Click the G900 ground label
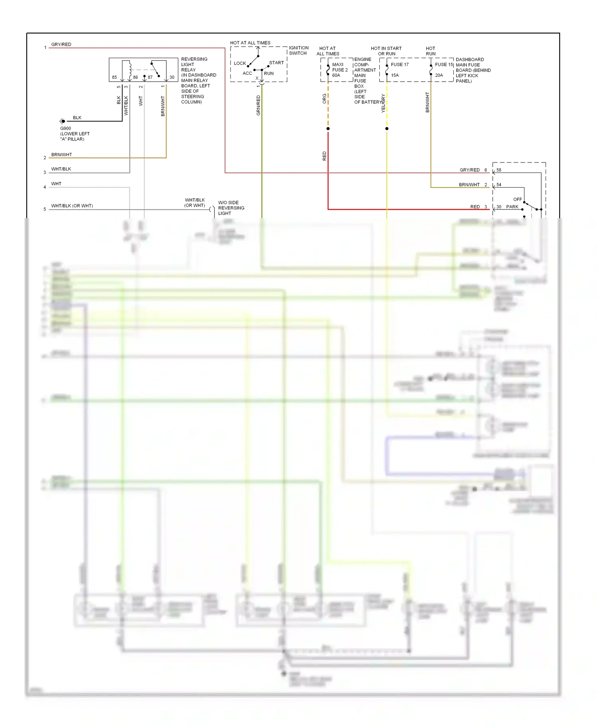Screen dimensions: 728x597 (66, 128)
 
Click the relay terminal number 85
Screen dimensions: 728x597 (114, 77)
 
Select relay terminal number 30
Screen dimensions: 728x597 (172, 77)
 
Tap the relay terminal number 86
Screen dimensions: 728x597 (135, 77)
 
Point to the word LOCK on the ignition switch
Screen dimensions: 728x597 (240, 63)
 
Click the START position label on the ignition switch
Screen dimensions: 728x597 (276, 63)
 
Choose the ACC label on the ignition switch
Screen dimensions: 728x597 (247, 73)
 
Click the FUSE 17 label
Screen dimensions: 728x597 (400, 65)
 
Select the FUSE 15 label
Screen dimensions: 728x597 (444, 65)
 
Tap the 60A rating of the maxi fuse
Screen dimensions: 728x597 (336, 75)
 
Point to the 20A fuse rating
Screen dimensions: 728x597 (439, 75)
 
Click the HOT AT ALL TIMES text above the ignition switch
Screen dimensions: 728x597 (250, 43)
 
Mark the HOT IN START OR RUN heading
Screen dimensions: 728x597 (386, 51)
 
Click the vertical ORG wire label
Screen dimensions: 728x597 (324, 99)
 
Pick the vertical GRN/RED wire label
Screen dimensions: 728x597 (258, 106)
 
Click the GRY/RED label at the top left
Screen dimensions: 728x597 (61, 45)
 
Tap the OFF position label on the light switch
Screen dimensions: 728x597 (517, 200)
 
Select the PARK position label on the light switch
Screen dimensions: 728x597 (512, 207)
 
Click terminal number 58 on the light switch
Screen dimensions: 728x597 (499, 170)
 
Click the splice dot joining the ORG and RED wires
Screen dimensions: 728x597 (328, 129)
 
